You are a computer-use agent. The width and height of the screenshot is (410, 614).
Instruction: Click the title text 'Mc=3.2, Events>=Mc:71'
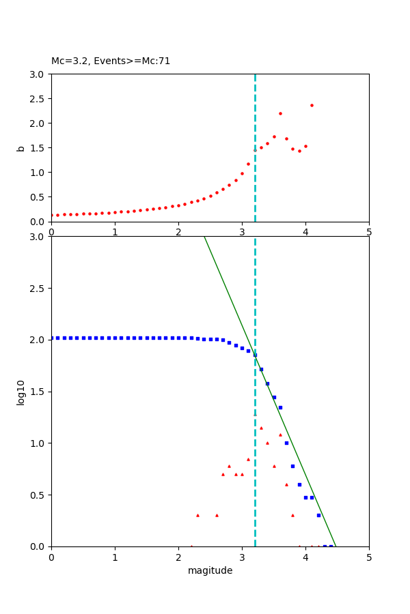click(x=111, y=61)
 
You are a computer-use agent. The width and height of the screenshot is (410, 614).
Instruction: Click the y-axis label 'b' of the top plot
click(x=21, y=148)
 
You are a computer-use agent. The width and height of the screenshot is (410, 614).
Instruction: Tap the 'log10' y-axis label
click(x=21, y=392)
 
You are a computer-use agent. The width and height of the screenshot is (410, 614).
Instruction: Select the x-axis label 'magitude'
click(x=210, y=570)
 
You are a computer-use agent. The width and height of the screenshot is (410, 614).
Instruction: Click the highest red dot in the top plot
click(x=312, y=105)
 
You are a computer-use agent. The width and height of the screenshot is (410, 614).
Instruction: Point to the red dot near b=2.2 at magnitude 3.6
click(x=280, y=113)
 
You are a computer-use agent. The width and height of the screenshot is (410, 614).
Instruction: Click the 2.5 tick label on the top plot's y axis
click(x=38, y=99)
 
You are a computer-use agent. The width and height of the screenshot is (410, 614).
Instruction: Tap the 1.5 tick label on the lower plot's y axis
click(x=38, y=392)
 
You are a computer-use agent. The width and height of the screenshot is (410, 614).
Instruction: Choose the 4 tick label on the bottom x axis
click(x=305, y=557)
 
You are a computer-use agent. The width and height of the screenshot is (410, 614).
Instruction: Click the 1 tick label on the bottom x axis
click(x=115, y=557)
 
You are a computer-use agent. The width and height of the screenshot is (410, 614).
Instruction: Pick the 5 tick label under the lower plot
click(x=369, y=557)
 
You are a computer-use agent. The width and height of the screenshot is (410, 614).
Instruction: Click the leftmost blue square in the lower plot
click(x=51, y=338)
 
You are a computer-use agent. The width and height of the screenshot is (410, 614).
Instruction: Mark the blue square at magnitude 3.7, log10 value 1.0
click(x=286, y=443)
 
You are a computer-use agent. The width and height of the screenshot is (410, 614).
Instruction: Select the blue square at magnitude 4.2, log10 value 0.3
click(x=318, y=515)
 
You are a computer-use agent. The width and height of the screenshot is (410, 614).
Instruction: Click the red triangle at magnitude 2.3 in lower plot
click(x=197, y=515)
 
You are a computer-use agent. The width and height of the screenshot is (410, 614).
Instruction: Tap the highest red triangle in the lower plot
click(x=261, y=428)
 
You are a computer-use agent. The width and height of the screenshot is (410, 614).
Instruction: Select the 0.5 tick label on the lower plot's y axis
click(x=38, y=495)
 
